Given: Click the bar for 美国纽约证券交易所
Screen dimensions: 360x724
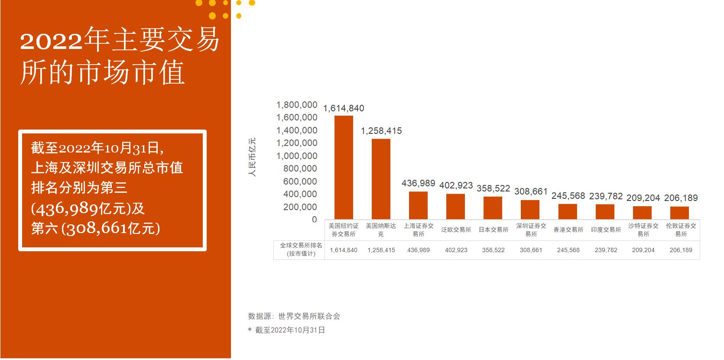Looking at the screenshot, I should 344,167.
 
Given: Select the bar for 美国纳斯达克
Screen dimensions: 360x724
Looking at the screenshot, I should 381,178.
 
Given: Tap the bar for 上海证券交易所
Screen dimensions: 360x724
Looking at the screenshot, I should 418,205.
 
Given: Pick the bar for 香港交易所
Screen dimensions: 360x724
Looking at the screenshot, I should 568,211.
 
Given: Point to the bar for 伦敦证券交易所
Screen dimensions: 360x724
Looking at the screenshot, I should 679,213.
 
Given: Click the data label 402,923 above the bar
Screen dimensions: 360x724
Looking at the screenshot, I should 456,185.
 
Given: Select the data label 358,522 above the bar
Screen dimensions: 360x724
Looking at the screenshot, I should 493,188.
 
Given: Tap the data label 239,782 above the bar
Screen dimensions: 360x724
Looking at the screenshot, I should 606,196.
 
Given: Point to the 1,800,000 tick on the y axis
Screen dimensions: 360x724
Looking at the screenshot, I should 297,105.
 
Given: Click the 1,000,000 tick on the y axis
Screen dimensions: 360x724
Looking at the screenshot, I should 297,156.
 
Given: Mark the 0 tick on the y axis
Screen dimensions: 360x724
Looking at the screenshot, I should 314,220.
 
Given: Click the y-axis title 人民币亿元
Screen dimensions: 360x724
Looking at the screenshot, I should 252,157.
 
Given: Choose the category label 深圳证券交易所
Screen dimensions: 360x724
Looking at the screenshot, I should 531,230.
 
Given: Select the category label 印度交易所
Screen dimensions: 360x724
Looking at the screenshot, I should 606,230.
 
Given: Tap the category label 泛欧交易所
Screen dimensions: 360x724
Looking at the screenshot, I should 456,230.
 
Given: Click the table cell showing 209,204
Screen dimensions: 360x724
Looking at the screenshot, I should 643,250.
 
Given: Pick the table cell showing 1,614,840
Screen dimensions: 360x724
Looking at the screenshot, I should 344,250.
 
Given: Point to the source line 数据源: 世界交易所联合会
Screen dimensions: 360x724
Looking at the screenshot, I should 294,316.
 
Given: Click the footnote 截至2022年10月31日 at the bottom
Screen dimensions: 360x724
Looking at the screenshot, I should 289,330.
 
